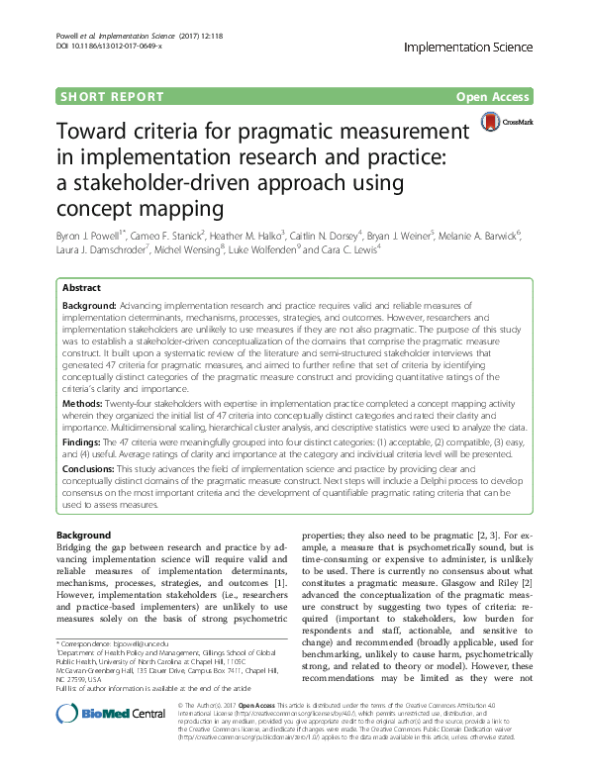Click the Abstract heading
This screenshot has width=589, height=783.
81,285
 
